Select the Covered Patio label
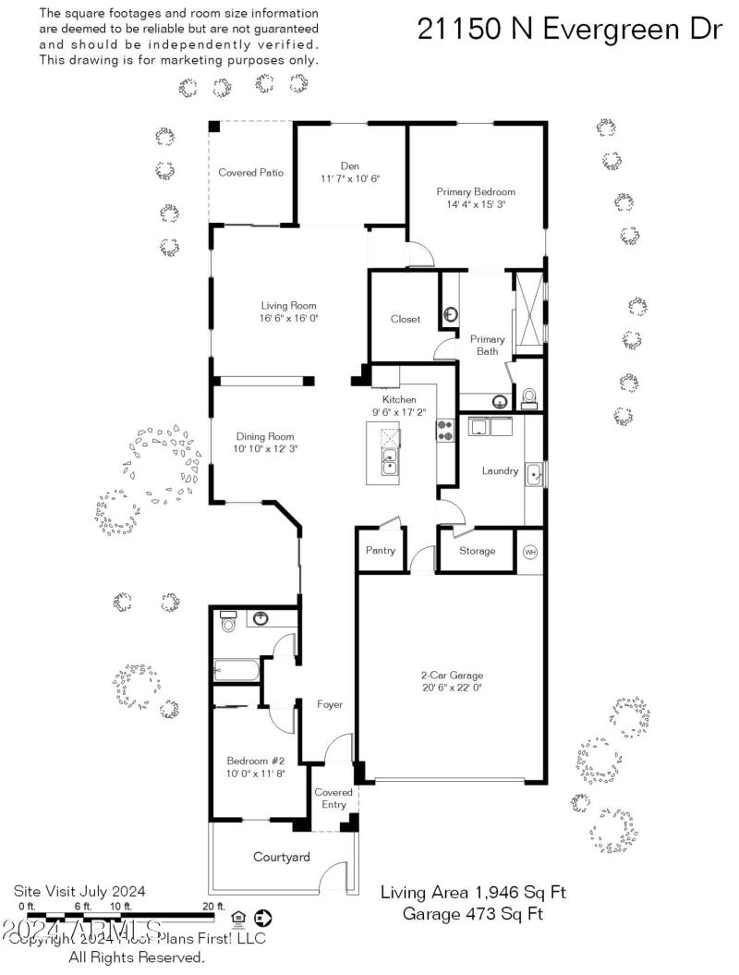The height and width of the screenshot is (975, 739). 250,173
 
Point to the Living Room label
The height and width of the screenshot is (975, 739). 289,305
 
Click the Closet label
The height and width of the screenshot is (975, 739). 405,319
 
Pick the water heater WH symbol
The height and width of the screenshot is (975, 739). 530,552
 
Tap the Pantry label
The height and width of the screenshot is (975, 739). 381,551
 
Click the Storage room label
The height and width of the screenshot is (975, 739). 478,551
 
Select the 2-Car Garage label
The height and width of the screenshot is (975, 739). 452,675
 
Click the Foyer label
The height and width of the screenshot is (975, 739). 330,704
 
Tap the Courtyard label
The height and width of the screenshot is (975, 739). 282,858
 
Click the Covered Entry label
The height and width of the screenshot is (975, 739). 333,798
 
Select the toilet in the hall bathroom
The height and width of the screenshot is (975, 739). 229,622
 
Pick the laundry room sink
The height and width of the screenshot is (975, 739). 534,474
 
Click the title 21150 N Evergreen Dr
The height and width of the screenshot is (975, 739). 569,29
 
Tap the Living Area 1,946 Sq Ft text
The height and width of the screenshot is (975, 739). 473,893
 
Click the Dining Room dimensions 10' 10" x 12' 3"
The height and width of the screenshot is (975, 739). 266,449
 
